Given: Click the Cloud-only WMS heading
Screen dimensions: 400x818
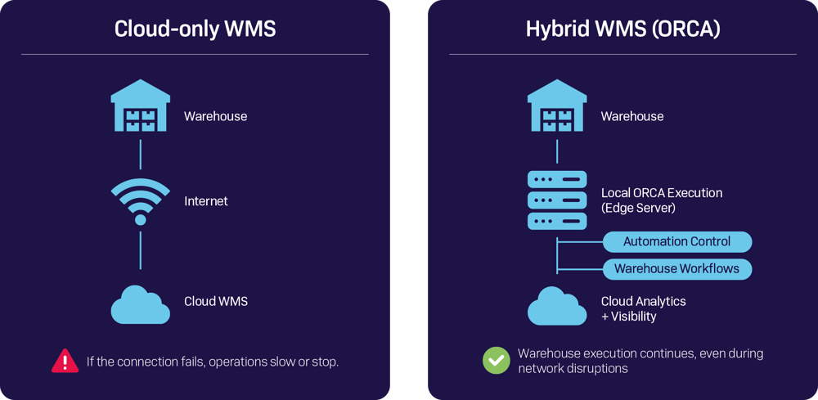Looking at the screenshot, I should tap(195, 29).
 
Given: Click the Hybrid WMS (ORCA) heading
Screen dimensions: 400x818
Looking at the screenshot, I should tap(622, 29).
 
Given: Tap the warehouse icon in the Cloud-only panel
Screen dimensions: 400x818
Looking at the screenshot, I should tap(141, 106).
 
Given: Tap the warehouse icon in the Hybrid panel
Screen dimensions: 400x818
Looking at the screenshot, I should tap(557, 106).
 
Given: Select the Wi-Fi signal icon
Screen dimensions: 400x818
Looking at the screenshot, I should tap(141, 201).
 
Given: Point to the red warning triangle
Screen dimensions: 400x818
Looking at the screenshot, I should tap(65, 361).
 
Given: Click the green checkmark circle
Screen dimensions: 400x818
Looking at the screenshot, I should tap(495, 361).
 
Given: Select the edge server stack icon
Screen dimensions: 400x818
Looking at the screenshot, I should tap(557, 200).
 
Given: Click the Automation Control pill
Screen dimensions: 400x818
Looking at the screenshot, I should tap(676, 241).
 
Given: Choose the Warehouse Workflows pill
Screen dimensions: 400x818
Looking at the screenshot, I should tap(676, 268).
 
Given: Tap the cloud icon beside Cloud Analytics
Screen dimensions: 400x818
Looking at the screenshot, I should tap(557, 307).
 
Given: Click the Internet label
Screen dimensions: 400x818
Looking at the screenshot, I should tap(206, 201).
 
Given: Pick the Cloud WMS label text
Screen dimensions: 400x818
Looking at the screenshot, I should tap(215, 301).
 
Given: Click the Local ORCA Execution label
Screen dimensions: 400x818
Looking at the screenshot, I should tap(661, 193).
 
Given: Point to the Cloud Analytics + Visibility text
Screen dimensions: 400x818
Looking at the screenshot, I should tap(643, 308).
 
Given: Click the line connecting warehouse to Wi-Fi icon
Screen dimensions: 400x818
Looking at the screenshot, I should tap(141, 154).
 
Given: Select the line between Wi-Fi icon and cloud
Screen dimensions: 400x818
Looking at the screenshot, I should tap(141, 249).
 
